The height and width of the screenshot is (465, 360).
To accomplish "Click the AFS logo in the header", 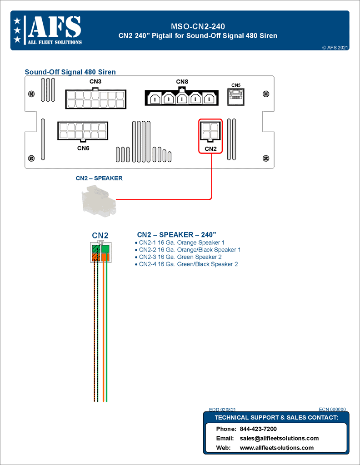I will point(48,30).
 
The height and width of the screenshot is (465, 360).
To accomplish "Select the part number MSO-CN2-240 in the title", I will point(198,27).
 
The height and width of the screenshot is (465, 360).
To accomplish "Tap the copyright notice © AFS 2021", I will point(335,47).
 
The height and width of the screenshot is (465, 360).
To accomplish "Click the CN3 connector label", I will point(95,82).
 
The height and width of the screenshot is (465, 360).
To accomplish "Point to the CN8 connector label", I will point(182,82).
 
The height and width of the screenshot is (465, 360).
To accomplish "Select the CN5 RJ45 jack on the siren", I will point(235,97).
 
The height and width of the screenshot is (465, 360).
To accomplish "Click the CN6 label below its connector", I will point(83,148).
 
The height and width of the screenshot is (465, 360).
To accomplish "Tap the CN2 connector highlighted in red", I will point(210,131).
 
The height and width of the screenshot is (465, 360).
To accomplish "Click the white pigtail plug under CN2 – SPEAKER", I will point(99,201).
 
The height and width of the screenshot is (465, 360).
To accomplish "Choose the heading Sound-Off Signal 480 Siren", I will point(70,72).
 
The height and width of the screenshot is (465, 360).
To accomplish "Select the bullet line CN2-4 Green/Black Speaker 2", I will point(188,264).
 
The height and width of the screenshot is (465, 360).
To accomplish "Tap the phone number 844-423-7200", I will point(258,429).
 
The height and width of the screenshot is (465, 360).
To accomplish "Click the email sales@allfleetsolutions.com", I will point(279,438).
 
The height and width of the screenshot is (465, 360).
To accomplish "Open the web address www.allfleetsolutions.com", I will point(276,448).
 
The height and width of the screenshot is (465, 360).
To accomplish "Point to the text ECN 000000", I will point(332,409).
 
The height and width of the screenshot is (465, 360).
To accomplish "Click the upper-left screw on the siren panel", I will point(31,94).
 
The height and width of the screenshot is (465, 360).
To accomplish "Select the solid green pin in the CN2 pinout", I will point(105,249).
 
